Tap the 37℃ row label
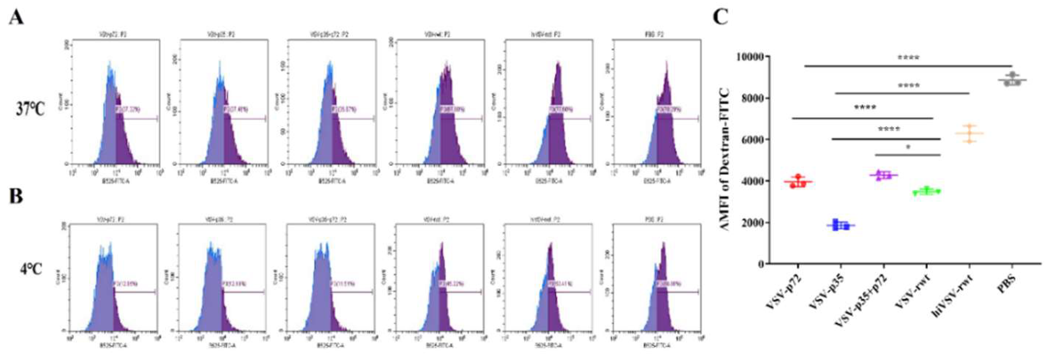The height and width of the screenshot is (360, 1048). (x=30, y=109)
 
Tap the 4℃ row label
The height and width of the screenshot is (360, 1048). (x=31, y=269)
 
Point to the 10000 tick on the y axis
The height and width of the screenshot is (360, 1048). (x=750, y=56)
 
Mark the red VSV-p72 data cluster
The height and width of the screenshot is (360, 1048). (x=798, y=182)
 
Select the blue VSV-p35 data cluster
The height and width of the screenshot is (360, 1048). (x=840, y=224)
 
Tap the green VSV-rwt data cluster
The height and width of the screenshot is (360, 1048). (x=926, y=191)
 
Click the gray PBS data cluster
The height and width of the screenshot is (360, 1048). (x=1012, y=79)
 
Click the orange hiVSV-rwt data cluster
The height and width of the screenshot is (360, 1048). (x=969, y=133)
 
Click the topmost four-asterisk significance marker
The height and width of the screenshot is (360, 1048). (x=905, y=57)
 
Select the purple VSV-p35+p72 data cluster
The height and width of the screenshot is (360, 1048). (x=883, y=175)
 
